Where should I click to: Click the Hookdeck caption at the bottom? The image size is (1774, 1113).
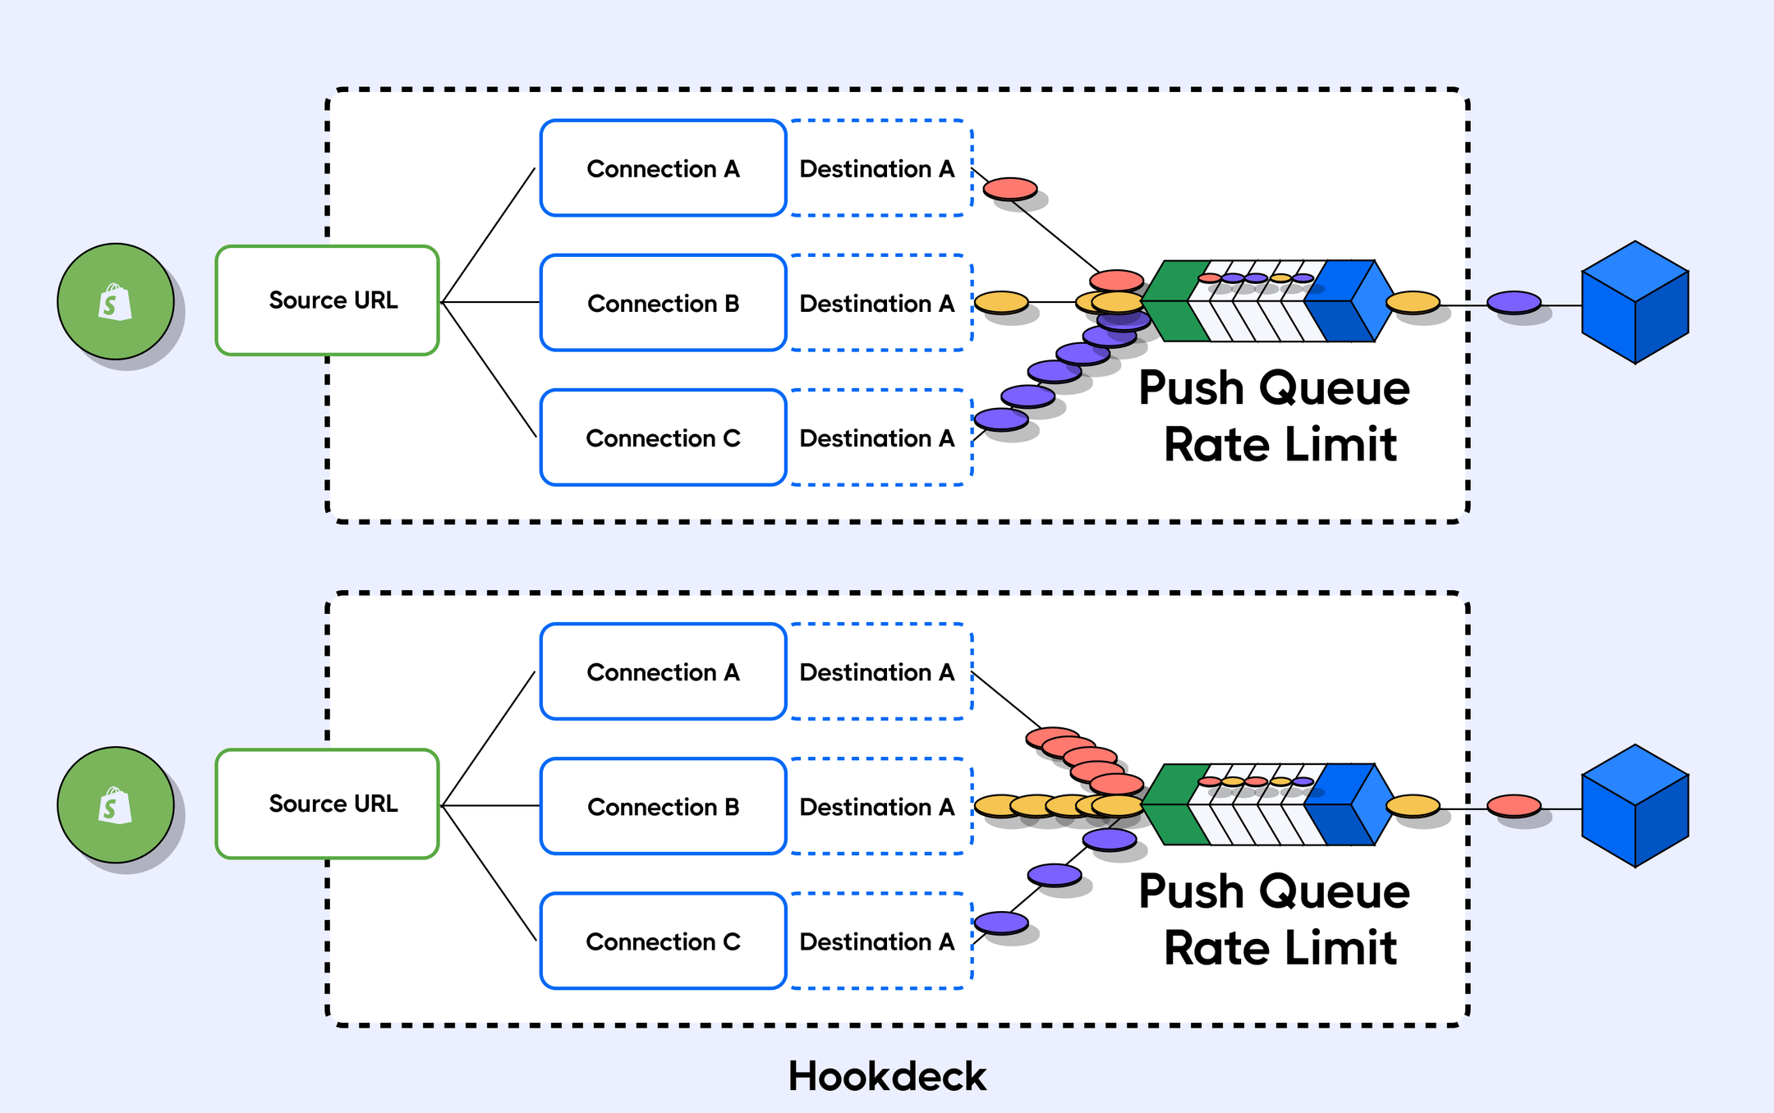pos(887,1076)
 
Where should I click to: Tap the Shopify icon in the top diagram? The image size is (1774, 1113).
pos(115,301)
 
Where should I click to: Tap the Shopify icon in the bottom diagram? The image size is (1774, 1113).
pos(115,804)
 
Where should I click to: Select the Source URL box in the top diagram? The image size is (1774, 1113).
pos(327,300)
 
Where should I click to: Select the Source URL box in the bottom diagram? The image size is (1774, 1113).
pos(327,804)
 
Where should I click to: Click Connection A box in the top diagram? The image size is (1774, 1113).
pos(663,168)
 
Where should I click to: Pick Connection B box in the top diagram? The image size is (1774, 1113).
pos(663,303)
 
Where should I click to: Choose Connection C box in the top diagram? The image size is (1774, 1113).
pos(663,437)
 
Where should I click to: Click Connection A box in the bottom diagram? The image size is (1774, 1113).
pos(663,671)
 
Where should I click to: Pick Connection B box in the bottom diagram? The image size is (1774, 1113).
pos(663,806)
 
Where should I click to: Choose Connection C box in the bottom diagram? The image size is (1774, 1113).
pos(663,941)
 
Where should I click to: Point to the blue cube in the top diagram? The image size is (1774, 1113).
pos(1634,302)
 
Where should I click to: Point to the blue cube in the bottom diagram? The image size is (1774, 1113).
pos(1634,805)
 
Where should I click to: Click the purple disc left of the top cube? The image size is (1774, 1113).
pos(1514,302)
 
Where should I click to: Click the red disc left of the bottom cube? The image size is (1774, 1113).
pos(1514,805)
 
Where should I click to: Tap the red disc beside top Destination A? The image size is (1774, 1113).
pos(1010,189)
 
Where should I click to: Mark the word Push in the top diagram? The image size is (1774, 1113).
pos(1191,387)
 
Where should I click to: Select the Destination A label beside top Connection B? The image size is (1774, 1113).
pos(877,303)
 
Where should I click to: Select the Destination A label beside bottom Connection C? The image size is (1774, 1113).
pos(877,941)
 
